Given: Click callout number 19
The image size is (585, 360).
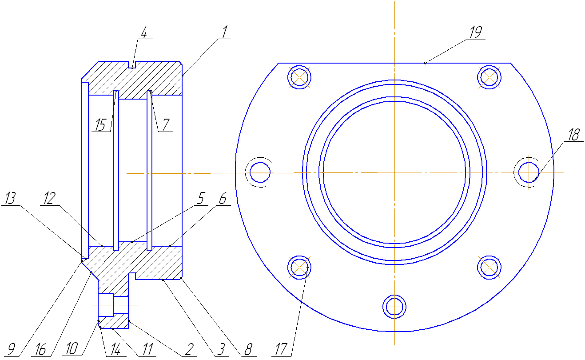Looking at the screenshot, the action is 476,32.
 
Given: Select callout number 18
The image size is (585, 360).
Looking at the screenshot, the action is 574,135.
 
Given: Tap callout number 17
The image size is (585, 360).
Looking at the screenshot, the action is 281,349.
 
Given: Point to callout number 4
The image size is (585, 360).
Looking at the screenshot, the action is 144,32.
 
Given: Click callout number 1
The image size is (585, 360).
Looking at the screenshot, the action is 225,32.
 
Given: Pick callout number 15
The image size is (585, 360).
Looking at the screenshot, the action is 100,124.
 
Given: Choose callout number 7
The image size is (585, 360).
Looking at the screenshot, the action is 166,124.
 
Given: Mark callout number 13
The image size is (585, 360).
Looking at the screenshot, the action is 11,198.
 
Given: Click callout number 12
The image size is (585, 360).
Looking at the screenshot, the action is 49,198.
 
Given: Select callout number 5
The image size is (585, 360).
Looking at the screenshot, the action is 201,198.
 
